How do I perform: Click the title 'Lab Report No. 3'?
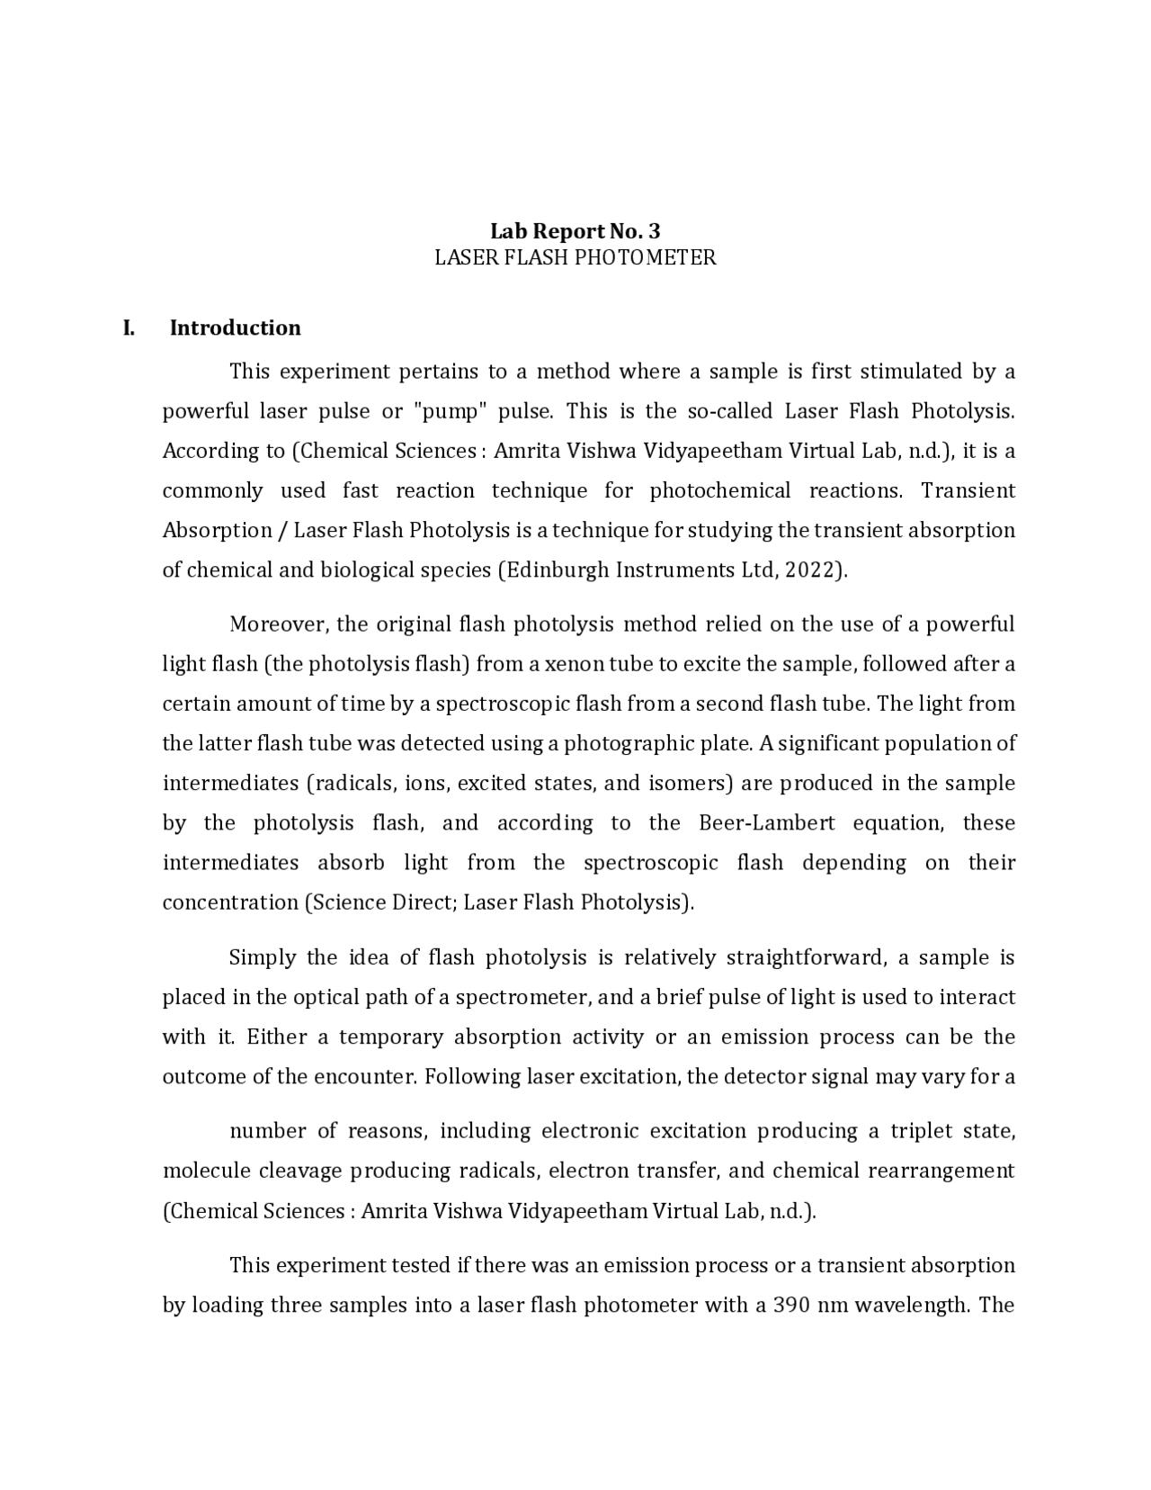(575, 231)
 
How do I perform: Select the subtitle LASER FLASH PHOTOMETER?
(575, 257)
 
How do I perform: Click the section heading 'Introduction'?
(235, 328)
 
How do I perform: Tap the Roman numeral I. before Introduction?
(129, 328)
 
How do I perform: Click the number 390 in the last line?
(792, 1305)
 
